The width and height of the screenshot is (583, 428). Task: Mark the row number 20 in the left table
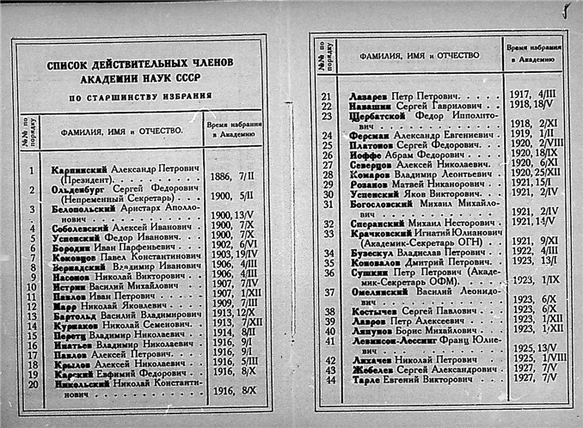coord(32,383)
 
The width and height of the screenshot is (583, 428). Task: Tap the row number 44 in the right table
coord(327,380)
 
